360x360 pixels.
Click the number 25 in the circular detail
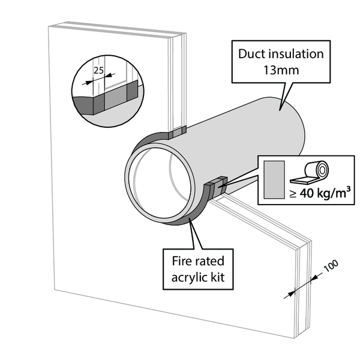tap(98, 70)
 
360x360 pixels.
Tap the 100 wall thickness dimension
tap(331, 266)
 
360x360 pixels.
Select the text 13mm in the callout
tap(281, 70)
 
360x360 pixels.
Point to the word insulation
tap(296, 54)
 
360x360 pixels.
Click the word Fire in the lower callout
tap(180, 261)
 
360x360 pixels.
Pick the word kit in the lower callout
tap(218, 277)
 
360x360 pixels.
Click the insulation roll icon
tap(310, 172)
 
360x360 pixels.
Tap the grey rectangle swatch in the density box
tap(274, 179)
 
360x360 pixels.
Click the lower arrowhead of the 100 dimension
tap(291, 293)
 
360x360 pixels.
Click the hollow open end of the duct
tap(160, 183)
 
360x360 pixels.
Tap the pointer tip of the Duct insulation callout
tap(280, 110)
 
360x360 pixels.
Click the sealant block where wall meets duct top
tap(177, 133)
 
